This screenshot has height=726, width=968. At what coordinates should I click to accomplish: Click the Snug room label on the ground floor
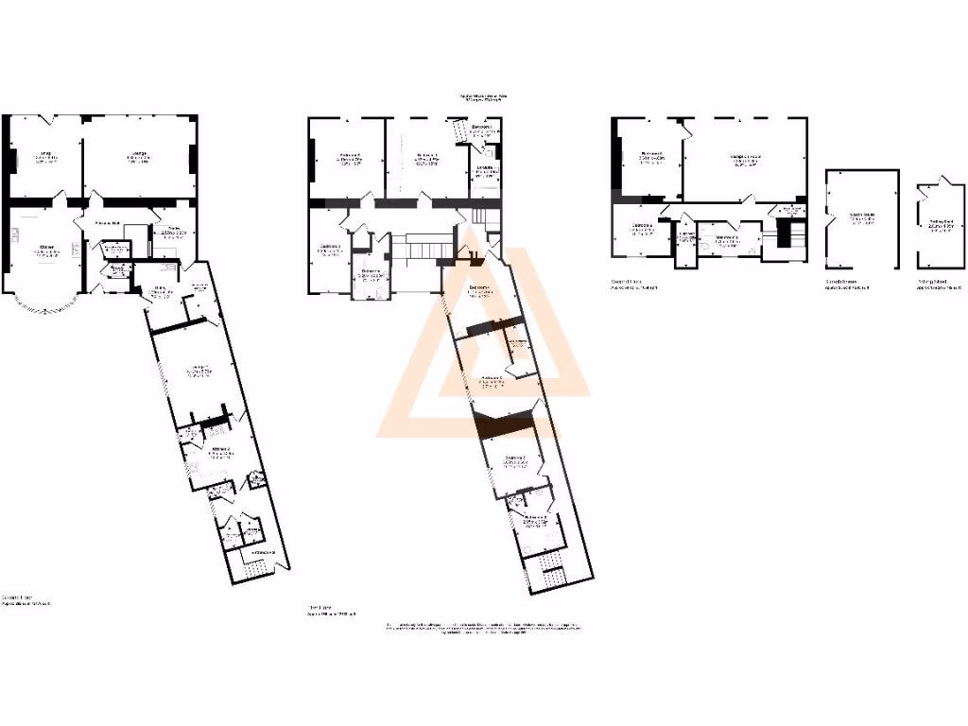pos(43,156)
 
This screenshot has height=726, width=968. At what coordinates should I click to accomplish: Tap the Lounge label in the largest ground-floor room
pos(140,156)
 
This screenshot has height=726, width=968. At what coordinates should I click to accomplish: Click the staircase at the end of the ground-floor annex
pos(253,570)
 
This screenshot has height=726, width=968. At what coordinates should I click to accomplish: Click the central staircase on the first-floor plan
pos(416,249)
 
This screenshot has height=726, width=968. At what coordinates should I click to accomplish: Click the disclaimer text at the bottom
pos(484,631)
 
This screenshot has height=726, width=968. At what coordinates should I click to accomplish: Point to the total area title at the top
pos(483,97)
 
